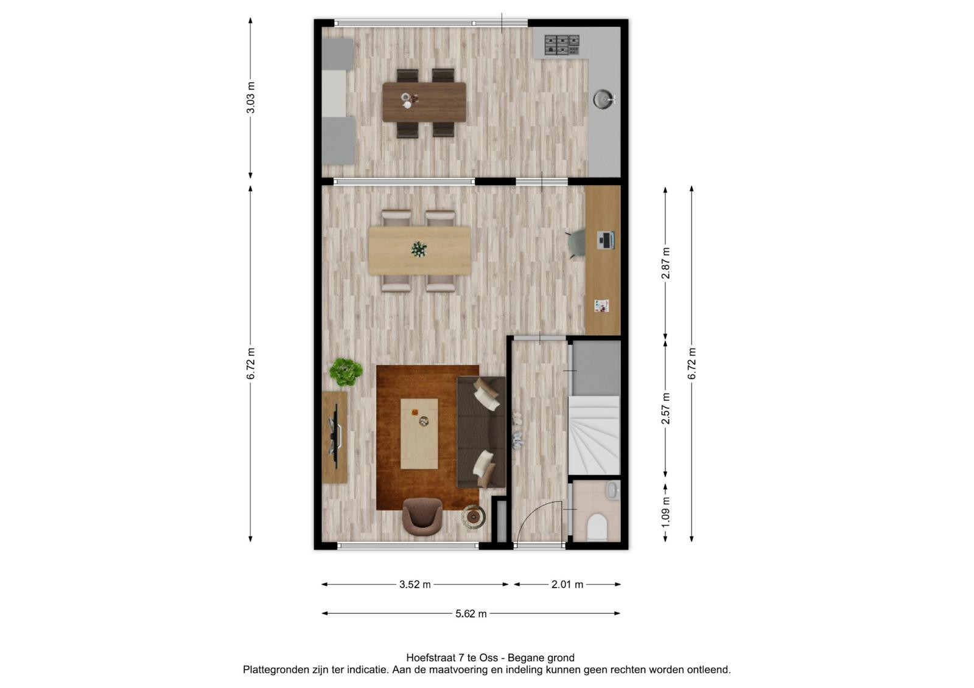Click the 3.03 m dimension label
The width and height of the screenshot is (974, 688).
251,97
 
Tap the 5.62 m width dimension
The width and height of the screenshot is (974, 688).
471,614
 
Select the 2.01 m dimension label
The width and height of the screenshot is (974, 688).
567,585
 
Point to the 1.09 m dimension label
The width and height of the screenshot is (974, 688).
665,512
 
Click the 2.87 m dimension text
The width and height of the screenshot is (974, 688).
665,263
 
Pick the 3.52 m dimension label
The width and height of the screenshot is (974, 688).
415,585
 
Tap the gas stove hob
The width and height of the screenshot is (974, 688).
562,45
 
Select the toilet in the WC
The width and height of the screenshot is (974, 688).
597,527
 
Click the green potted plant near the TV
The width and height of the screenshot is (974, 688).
346,372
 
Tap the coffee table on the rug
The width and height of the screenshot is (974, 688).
419,434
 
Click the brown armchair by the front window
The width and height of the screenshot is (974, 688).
422,517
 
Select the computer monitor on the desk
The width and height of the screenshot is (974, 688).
606,240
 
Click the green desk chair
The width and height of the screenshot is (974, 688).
576,245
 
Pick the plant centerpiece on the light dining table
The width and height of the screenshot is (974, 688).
419,249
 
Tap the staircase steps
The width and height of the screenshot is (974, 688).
594,435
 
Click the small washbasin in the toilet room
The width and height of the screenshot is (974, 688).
612,490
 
